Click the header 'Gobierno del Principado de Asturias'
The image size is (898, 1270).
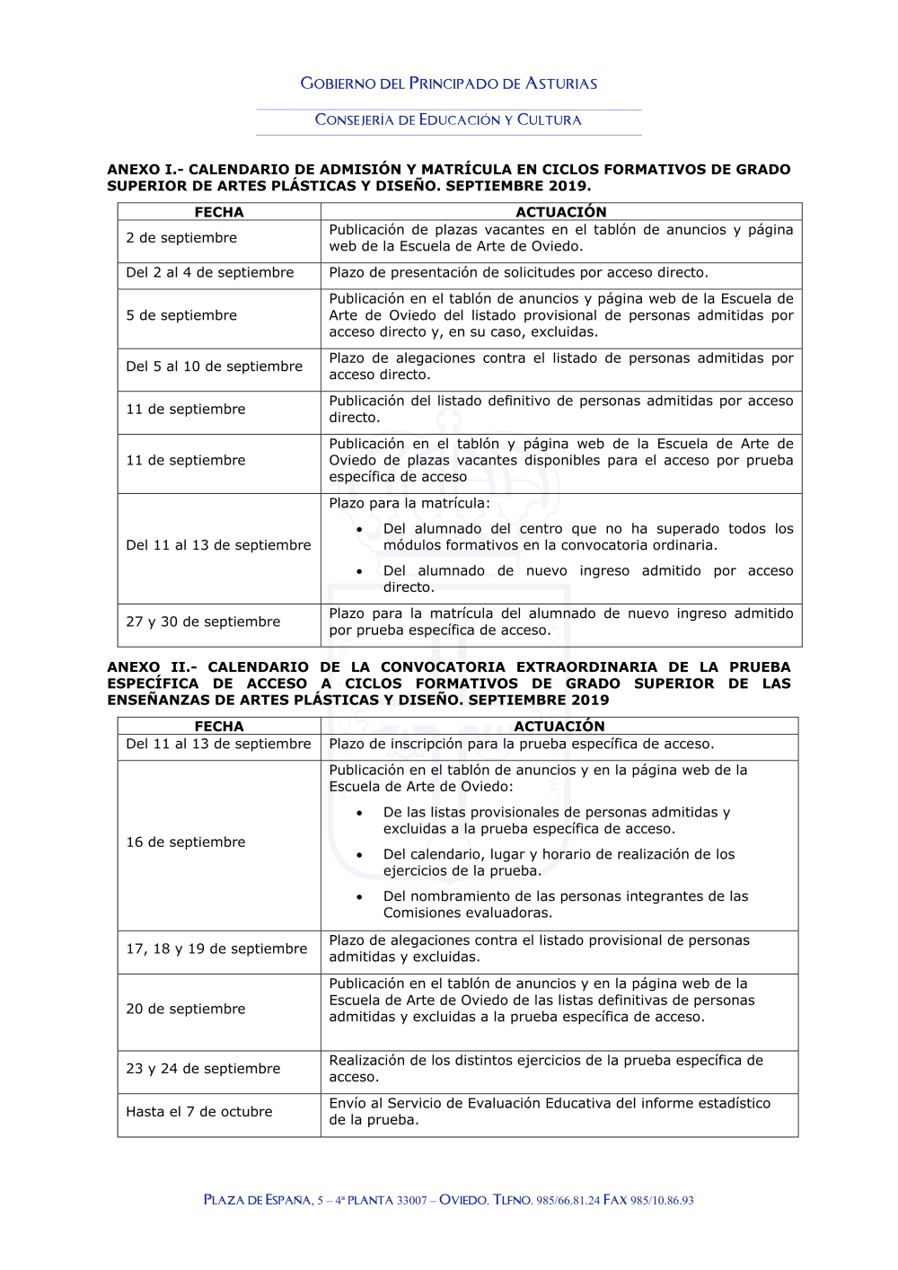[449, 84]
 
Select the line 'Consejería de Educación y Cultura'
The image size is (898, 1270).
[448, 119]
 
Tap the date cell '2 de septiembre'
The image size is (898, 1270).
[181, 238]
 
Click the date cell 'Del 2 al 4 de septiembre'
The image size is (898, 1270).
[210, 272]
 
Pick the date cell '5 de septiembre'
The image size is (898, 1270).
[181, 315]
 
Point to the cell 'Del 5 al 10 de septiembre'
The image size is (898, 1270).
[215, 366]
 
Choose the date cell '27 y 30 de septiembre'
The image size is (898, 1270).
[203, 622]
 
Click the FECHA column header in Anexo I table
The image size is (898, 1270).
[219, 212]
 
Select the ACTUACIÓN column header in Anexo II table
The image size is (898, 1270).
[559, 726]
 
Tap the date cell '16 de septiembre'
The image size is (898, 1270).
[186, 842]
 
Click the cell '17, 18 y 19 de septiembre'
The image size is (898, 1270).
[216, 948]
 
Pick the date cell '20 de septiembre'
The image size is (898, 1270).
[186, 1009]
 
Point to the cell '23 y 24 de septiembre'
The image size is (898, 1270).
[203, 1069]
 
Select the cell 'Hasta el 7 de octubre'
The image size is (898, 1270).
[199, 1112]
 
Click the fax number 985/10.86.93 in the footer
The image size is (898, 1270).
[662, 1201]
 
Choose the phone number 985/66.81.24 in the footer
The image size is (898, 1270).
[568, 1201]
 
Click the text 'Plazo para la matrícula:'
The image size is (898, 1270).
[409, 503]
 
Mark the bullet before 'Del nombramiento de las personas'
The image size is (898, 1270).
[359, 896]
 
